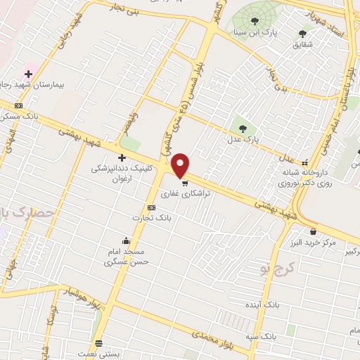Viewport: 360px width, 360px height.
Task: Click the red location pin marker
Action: (x=181, y=165)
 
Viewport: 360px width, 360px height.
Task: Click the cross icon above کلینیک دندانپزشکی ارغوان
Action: (x=122, y=157)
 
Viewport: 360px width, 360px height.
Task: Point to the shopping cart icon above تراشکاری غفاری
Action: (x=185, y=182)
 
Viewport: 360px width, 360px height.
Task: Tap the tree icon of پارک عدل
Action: (x=243, y=129)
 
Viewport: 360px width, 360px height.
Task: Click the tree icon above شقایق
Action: (x=303, y=32)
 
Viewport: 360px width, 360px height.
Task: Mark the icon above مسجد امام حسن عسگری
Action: (x=126, y=241)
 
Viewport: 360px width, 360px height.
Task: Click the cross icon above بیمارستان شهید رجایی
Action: (x=29, y=73)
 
